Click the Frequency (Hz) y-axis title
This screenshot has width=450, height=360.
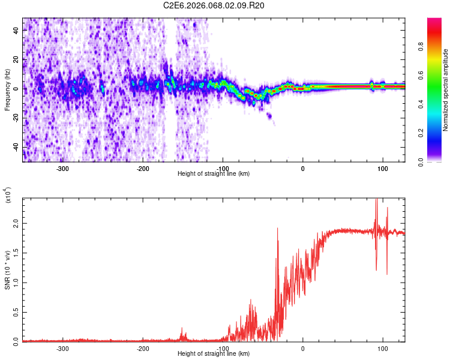tap(7, 90)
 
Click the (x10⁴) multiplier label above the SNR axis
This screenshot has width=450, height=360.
tap(8, 195)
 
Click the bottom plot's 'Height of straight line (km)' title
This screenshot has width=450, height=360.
tap(214, 354)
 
